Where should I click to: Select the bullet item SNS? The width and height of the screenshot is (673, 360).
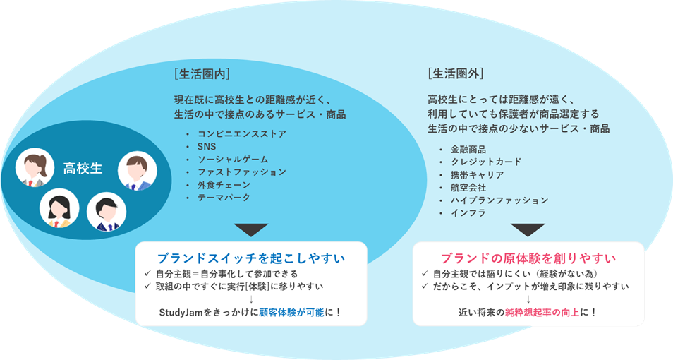point(207,146)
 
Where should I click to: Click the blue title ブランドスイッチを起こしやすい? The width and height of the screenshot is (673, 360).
point(250,258)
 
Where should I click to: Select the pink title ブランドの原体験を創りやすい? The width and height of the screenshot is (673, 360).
point(528,258)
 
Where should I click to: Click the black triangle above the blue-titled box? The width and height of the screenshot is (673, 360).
point(250,229)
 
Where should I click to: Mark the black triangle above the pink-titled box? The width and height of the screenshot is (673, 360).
point(528,229)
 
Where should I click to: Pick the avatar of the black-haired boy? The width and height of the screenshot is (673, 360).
point(106,211)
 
